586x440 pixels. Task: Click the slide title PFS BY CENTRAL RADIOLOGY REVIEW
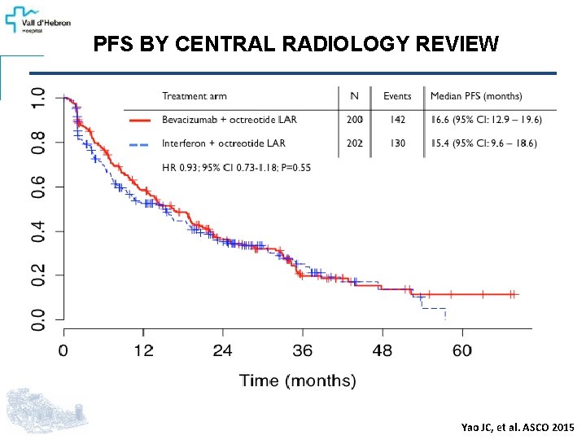(295, 43)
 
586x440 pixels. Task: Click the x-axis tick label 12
(143, 350)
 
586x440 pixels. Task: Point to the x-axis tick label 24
(223, 350)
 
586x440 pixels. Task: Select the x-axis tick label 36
(302, 350)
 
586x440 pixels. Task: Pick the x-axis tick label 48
(382, 350)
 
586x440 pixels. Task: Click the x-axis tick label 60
(461, 350)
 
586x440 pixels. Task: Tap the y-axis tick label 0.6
(38, 187)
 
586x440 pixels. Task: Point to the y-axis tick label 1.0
(38, 99)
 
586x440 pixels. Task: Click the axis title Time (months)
(297, 381)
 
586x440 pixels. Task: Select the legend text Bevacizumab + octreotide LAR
(230, 120)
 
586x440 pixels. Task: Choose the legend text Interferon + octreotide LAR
(224, 143)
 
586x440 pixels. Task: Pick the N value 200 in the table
(353, 120)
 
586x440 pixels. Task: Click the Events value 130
(397, 143)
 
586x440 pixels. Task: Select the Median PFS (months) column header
(476, 96)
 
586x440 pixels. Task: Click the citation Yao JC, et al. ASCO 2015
(517, 428)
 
